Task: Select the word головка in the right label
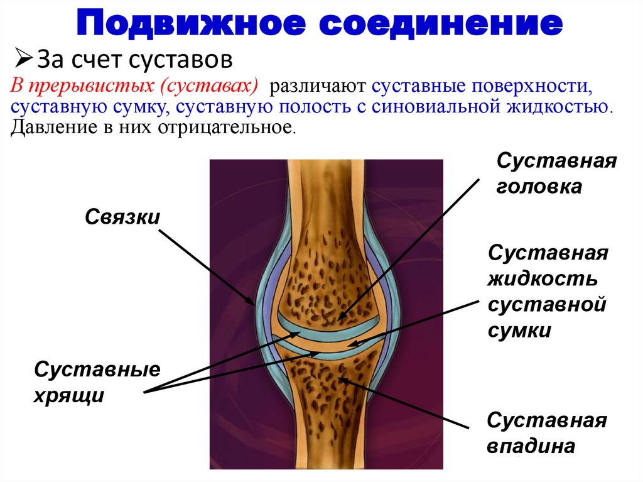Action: pos(539,187)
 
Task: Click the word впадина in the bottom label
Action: pos(532,447)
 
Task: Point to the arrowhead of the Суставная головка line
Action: pos(339,320)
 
